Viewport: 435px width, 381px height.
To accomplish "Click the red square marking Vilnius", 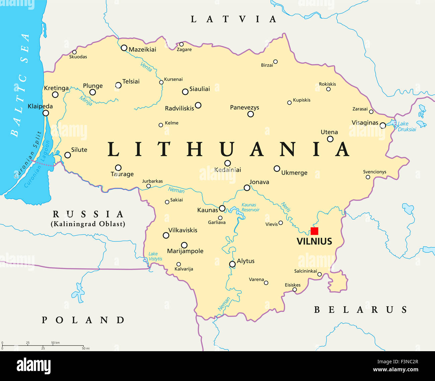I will (x=314, y=231).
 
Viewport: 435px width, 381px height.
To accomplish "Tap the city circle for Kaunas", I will (x=222, y=208).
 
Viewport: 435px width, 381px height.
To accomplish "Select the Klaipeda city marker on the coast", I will (x=46, y=113).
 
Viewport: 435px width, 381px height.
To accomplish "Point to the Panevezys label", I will (x=244, y=107).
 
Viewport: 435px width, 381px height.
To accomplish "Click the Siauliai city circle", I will (x=185, y=92).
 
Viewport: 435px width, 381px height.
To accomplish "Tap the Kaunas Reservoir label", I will (x=250, y=208).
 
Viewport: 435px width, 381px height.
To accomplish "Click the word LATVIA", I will (x=234, y=19).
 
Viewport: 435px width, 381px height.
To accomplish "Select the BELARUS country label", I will (x=360, y=310).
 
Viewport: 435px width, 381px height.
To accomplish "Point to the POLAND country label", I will (x=83, y=320).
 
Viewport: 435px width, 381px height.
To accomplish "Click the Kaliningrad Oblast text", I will (x=88, y=224).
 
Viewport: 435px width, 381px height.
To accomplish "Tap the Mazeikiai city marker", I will (x=124, y=48).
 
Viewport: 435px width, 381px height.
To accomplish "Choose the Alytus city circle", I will (x=232, y=264).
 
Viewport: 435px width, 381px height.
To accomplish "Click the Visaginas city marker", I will (x=382, y=126).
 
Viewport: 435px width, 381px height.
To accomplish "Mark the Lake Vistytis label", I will (x=155, y=256).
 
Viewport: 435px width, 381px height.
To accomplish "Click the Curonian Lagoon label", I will (x=37, y=164).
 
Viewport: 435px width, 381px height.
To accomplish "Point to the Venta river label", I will (x=146, y=67).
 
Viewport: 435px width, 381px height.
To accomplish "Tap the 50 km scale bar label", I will (x=56, y=343).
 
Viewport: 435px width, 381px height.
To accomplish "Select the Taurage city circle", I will (x=118, y=168).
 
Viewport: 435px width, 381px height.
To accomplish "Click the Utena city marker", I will (x=330, y=139).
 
